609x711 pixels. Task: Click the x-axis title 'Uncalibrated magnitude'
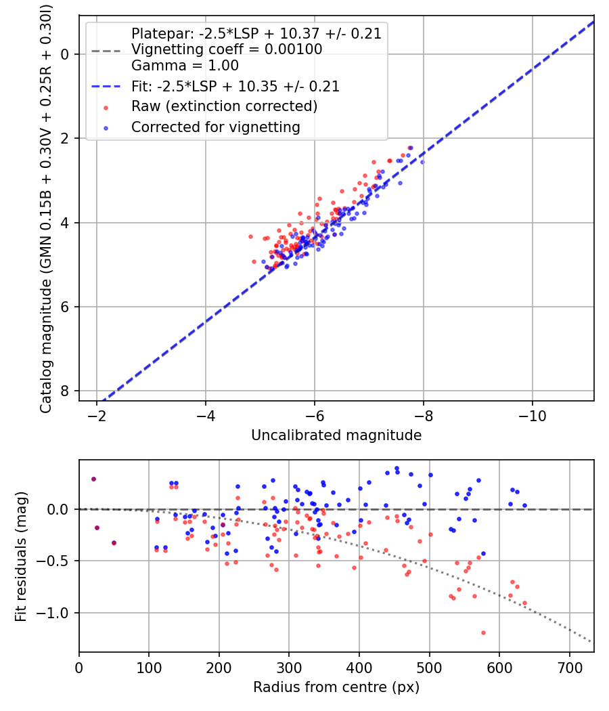(x=336, y=435)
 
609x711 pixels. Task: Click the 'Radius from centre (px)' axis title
(x=336, y=687)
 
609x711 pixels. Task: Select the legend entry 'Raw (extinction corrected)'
(x=224, y=106)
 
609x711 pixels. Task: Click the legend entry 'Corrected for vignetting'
(x=215, y=127)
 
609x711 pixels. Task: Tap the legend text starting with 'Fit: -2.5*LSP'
(x=235, y=86)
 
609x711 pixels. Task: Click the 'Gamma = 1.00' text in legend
(x=185, y=66)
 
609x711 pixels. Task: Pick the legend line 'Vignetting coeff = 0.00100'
(x=227, y=49)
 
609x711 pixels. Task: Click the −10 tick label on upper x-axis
(x=532, y=414)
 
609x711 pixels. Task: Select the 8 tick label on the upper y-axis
(x=65, y=391)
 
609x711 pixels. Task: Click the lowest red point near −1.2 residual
(x=483, y=632)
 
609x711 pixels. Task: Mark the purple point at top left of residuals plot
(x=93, y=479)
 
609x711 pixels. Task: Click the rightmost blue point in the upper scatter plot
(x=422, y=162)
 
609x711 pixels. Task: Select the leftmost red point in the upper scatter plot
(x=250, y=237)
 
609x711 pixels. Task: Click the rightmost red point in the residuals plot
(x=524, y=603)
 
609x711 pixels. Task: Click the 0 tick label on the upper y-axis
(x=65, y=53)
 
